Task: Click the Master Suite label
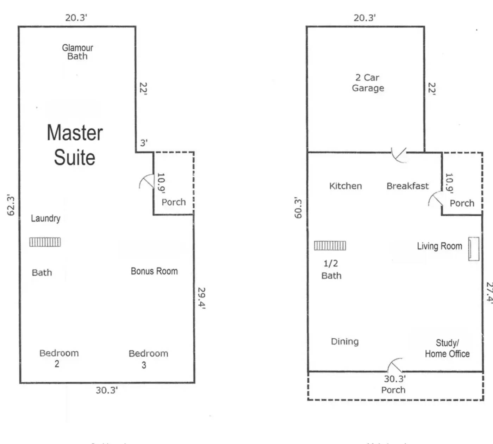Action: [75, 145]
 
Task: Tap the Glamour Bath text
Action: [77, 52]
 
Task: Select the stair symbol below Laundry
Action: [45, 242]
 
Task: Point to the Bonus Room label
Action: [154, 271]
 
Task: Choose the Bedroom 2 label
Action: [59, 358]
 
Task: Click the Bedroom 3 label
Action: [148, 359]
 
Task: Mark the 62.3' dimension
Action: [11, 205]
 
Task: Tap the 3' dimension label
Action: [144, 143]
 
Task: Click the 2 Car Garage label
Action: [368, 83]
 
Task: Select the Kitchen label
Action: [345, 186]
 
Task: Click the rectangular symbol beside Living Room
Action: [474, 249]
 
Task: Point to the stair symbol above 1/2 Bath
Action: [330, 246]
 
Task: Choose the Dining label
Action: [345, 341]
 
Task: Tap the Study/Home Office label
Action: [447, 348]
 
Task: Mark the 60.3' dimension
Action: [298, 208]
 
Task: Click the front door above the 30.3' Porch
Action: [395, 366]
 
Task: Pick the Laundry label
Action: [45, 218]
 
